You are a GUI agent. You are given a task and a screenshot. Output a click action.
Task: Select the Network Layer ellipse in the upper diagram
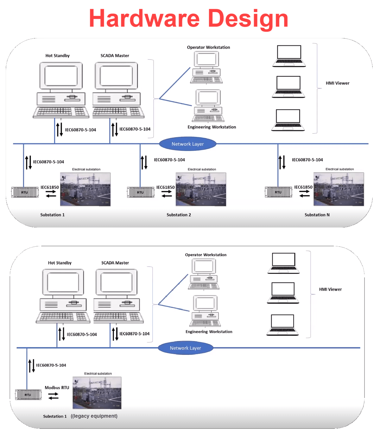pos(187,144)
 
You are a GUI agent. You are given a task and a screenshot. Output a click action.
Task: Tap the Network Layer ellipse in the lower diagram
pos(185,348)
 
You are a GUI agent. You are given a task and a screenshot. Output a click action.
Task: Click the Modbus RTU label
pos(57,387)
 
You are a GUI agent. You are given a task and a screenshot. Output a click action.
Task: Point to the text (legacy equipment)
pos(94,416)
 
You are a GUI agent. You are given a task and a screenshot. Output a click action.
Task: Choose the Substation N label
pos(317,215)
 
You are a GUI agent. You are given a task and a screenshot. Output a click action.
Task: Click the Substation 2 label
pos(179,215)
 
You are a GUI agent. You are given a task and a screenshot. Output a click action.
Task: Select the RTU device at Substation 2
pos(140,192)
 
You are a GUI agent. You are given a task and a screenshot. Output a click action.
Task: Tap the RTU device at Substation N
pos(278,192)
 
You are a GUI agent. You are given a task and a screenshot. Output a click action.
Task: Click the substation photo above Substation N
pos(339,189)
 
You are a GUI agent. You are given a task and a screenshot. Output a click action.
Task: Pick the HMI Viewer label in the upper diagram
pos(337,83)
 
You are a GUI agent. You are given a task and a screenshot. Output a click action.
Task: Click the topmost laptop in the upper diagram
pos(289,56)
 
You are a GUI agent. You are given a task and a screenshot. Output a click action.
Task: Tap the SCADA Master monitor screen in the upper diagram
pos(116,76)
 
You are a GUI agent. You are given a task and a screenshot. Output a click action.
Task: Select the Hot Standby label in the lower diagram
pos(60,263)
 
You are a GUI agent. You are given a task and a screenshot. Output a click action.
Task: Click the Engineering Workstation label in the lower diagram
pos(209,331)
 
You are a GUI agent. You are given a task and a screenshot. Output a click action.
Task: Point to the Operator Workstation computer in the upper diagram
pos(206,67)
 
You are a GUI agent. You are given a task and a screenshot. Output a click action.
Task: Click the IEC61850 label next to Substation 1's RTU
pos(50,187)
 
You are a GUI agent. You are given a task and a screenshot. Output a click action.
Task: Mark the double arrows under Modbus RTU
pos(53,396)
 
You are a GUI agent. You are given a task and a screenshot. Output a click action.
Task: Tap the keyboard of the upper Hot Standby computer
pos(61,112)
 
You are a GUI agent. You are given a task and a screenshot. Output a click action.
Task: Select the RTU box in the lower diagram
pos(28,395)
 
